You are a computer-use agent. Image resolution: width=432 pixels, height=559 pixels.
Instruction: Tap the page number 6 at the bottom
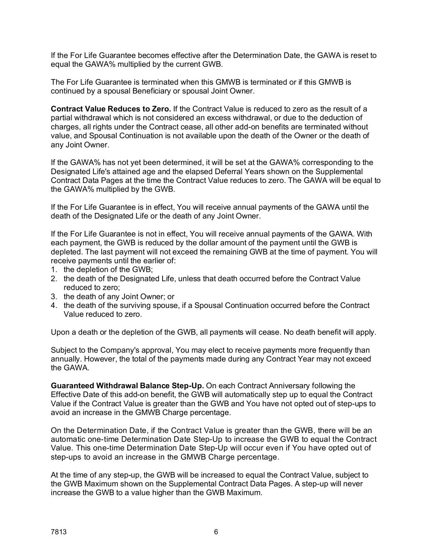216,532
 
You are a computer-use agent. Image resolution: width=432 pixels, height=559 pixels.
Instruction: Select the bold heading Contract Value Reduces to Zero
111,109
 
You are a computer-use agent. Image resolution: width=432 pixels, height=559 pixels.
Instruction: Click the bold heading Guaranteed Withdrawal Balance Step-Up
127,386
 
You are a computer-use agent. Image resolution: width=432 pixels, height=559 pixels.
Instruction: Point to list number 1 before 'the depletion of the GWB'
53,270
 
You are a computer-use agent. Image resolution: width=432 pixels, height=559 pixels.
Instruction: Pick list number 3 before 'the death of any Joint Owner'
53,296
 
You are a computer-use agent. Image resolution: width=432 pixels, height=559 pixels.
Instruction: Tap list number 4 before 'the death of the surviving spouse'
53,306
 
